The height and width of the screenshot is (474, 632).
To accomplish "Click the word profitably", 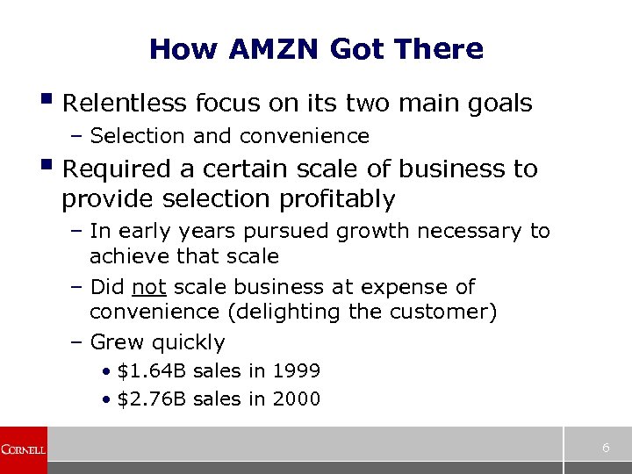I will tap(337, 199).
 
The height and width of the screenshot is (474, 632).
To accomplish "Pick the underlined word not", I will tap(149, 287).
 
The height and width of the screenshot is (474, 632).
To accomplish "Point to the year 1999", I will tap(296, 371).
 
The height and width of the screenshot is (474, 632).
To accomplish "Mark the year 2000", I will tap(296, 399).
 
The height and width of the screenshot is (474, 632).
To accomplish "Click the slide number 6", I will tap(606, 448).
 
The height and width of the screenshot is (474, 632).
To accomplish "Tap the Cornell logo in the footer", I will tap(23, 449).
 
